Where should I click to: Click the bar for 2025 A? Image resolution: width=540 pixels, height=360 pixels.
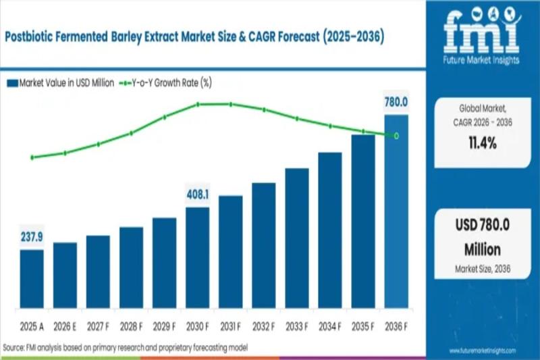[32, 279]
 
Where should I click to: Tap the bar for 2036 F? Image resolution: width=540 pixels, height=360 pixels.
[396, 212]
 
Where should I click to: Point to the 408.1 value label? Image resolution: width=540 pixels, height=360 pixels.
[197, 195]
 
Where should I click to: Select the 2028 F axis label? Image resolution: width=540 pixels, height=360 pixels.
[131, 326]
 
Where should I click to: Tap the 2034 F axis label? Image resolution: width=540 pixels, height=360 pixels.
[330, 326]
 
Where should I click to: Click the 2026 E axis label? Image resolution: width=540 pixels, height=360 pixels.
[65, 326]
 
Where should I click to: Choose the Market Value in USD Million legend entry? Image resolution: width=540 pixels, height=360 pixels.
[61, 83]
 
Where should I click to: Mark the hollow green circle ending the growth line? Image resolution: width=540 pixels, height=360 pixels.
[396, 136]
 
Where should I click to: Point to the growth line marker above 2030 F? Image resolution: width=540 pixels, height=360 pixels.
[198, 104]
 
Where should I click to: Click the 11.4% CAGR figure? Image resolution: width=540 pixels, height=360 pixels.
[481, 143]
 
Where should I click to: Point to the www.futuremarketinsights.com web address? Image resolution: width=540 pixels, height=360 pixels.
[482, 351]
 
